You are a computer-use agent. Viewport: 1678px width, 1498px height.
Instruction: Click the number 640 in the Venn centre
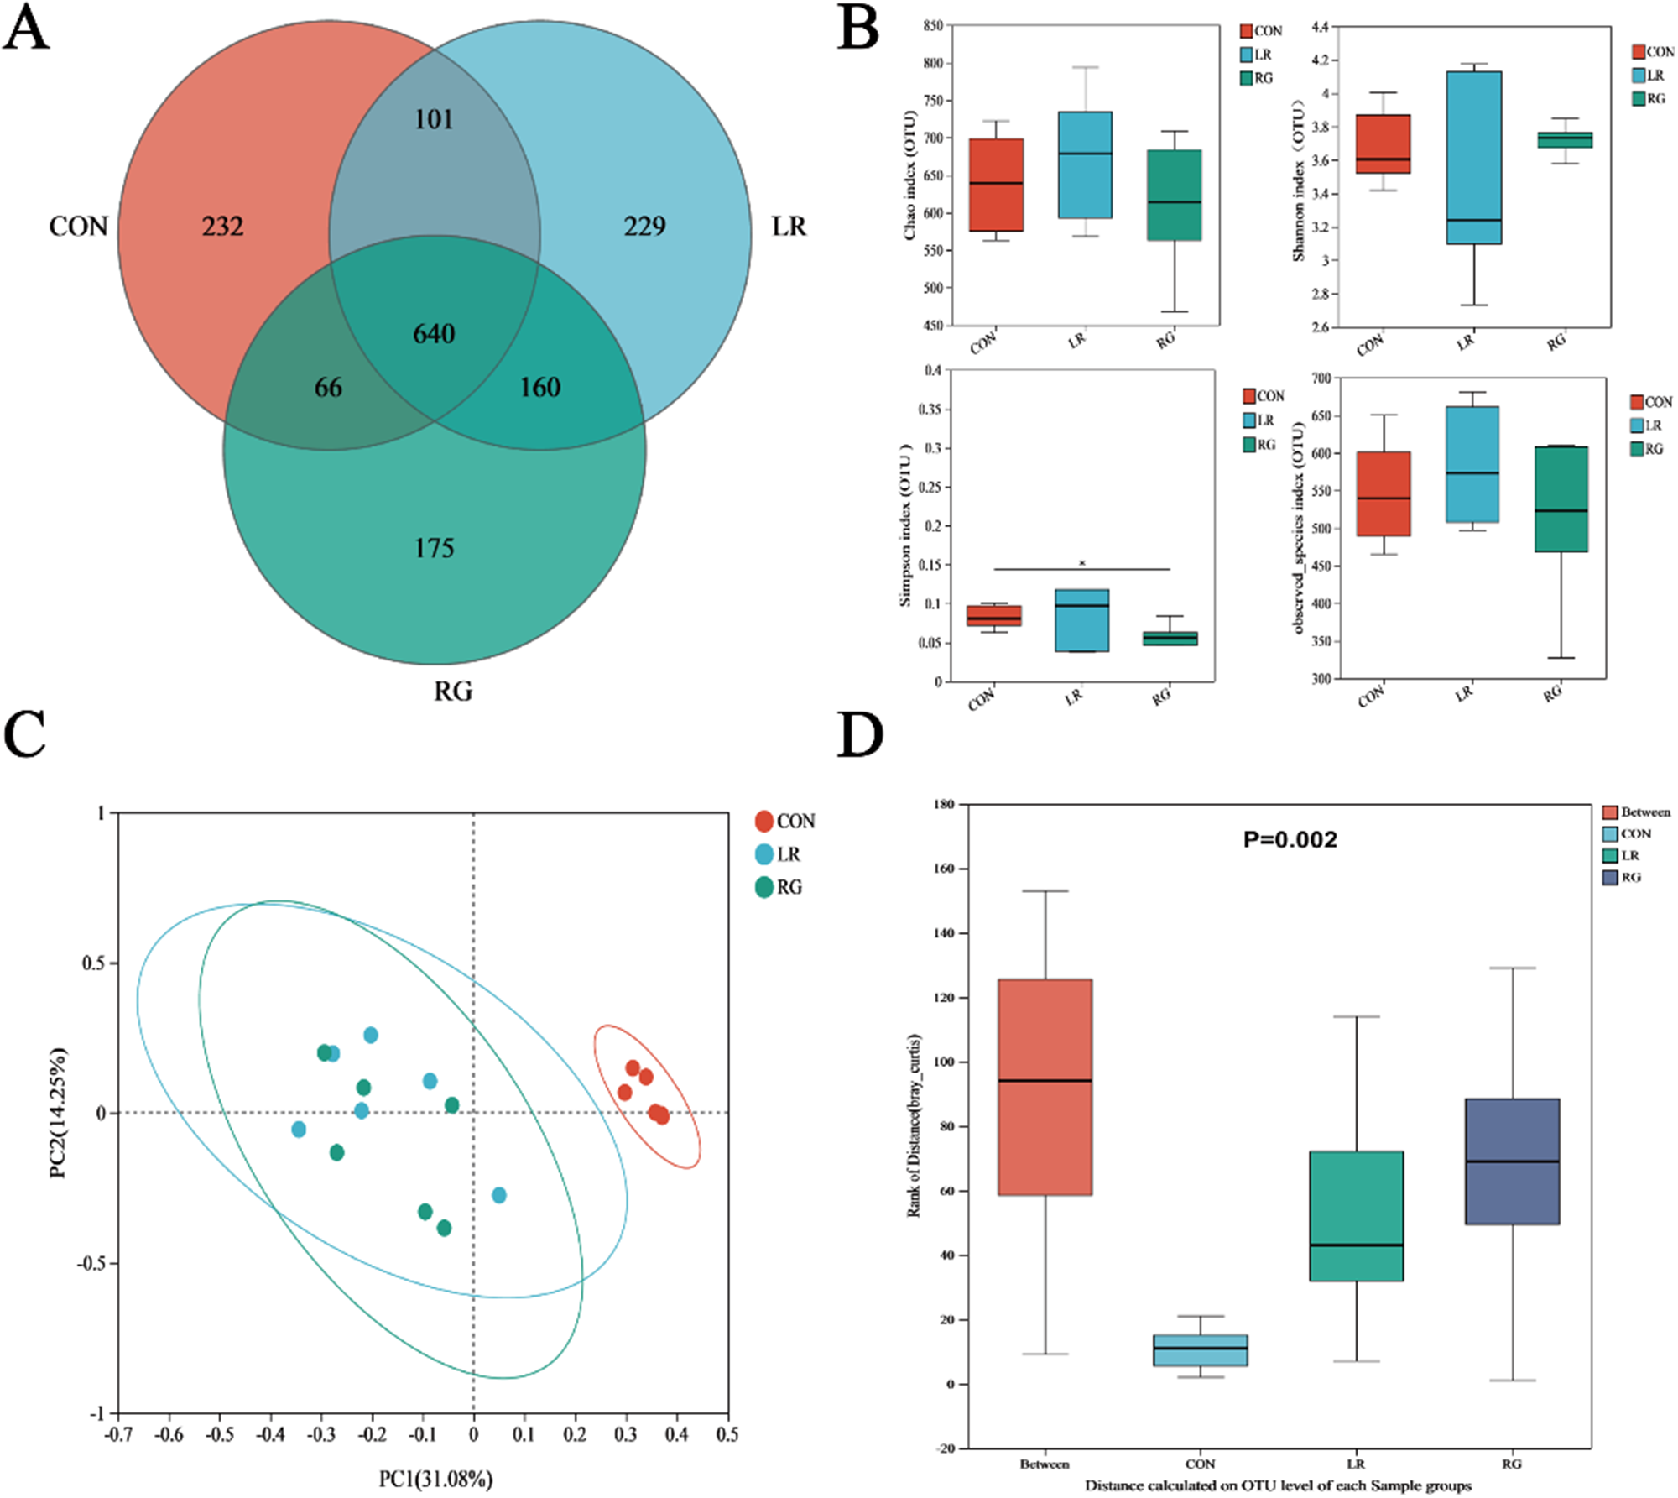434,334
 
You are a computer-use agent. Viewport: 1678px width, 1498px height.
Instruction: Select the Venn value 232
222,227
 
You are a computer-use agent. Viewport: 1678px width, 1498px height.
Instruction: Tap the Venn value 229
644,227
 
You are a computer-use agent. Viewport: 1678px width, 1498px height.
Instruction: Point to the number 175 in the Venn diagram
434,549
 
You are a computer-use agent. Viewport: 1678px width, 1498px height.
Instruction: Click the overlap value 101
434,120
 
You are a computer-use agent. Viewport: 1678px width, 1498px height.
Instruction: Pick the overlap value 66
328,388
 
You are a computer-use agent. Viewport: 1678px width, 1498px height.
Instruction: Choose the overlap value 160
539,388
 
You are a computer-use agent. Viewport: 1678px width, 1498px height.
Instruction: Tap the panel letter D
860,735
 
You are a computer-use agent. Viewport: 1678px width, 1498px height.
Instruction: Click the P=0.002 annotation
1290,840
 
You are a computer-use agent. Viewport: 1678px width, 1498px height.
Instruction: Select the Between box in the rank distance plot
1045,1087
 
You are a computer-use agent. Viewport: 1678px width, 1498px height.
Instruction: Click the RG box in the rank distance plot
1512,1161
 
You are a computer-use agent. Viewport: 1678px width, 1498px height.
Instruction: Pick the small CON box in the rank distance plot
1200,1350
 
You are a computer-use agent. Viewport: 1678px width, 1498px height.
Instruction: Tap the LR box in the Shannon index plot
1474,158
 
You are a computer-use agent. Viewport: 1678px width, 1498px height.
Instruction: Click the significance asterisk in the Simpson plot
1082,563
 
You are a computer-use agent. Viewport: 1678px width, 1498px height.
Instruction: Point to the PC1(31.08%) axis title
435,1479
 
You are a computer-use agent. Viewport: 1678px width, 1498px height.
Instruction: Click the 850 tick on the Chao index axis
932,26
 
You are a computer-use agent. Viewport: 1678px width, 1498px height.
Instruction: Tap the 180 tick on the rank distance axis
944,804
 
